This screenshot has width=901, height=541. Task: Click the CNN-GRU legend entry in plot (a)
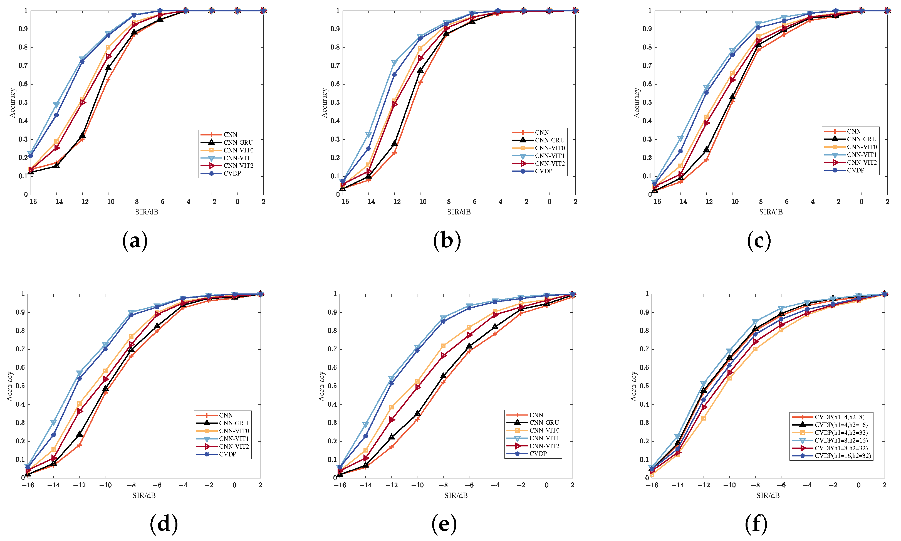[238, 142]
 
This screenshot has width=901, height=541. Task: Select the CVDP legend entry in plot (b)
[543, 171]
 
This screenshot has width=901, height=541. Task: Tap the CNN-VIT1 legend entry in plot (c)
[861, 155]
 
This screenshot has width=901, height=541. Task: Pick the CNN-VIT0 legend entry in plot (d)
[234, 431]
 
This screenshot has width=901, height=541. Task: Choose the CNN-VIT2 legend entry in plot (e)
[544, 446]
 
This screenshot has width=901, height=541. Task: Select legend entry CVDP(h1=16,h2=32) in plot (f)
[842, 456]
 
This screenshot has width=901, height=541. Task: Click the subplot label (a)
[135, 241]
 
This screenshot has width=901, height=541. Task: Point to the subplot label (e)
[444, 524]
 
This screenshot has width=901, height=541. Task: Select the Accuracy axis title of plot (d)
[10, 386]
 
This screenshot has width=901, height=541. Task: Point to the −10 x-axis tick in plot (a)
[108, 202]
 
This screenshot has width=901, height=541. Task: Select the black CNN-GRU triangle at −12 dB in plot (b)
[394, 144]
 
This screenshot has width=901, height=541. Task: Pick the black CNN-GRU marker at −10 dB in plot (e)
[417, 413]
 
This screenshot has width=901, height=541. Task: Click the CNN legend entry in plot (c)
[854, 131]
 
